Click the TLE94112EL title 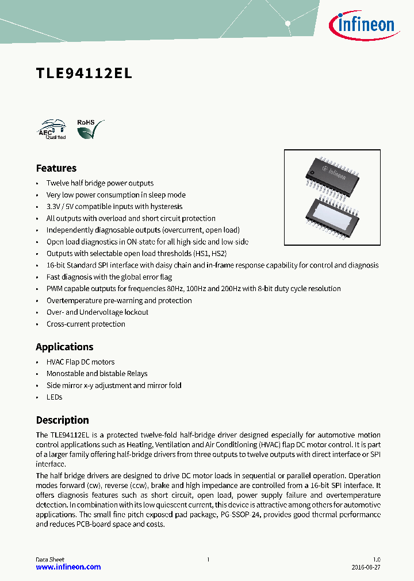(84, 73)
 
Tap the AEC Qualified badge (51, 130)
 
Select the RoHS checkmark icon (90, 130)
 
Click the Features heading (56, 168)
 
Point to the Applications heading (64, 347)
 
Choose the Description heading (62, 420)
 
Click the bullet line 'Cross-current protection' (86, 324)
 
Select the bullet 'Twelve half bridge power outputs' (99, 183)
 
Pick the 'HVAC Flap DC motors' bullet (80, 362)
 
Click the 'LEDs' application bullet (54, 397)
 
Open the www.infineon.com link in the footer (68, 567)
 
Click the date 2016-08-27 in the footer (366, 567)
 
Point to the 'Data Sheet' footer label (50, 559)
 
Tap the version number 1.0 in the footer (376, 559)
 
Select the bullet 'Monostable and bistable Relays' (97, 373)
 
